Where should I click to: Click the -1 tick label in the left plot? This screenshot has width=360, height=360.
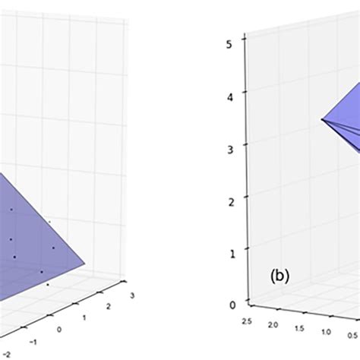coord(33,342)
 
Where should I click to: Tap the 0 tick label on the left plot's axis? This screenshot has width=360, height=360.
coord(59,330)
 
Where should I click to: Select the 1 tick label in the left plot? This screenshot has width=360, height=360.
coord(85,317)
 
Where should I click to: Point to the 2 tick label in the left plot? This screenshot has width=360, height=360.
coord(109,306)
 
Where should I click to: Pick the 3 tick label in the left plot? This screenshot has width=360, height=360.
coord(131,295)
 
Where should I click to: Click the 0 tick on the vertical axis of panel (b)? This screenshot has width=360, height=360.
coord(232,305)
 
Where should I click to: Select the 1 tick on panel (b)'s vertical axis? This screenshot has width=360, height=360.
coord(232,251)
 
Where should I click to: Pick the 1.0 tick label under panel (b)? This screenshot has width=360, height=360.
coord(327,333)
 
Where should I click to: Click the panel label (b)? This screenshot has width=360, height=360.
coord(279,278)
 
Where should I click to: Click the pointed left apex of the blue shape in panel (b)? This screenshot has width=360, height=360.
coord(321,120)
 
